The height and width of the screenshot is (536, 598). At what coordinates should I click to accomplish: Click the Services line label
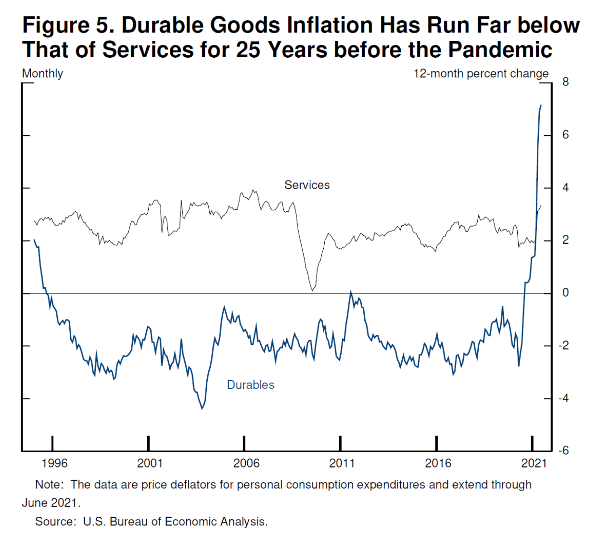tap(307, 185)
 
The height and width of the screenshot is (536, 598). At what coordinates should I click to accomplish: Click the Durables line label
tap(251, 385)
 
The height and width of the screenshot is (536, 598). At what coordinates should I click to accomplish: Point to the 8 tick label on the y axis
tap(565, 82)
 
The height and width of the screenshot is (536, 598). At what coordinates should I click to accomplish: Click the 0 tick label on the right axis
tap(565, 293)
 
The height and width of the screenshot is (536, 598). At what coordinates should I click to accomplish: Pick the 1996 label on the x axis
tap(54, 463)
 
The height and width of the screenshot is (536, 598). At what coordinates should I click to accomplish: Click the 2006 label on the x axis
tap(246, 463)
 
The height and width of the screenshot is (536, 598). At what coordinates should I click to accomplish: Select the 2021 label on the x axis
tap(534, 463)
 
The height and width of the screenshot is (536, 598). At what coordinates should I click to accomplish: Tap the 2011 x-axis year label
tap(342, 463)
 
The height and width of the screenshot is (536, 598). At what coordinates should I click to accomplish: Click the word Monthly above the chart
tap(42, 74)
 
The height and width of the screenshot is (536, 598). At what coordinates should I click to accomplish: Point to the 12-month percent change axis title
tap(481, 74)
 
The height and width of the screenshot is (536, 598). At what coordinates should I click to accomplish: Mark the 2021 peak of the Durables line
tap(541, 105)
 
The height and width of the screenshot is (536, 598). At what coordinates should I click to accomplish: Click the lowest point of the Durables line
tap(202, 409)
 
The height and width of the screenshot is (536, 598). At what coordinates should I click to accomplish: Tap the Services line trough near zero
tap(312, 290)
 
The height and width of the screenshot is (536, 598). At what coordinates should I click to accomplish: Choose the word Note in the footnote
tap(49, 485)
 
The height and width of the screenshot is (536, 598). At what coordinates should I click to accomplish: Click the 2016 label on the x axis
tap(438, 463)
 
